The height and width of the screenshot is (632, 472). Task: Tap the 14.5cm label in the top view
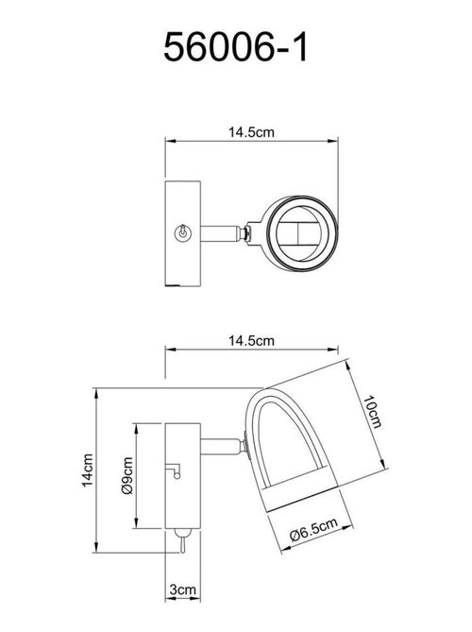click(252, 132)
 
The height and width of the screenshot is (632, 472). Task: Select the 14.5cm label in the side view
click(252, 341)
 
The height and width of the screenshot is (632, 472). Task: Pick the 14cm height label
click(85, 470)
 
